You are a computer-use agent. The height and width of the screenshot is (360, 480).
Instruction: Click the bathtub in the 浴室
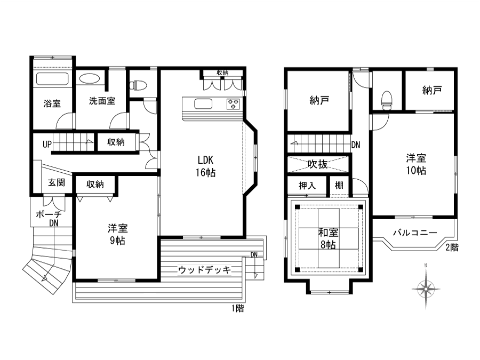pos(52,79)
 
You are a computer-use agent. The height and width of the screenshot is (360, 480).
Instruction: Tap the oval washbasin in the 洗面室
pos(90,79)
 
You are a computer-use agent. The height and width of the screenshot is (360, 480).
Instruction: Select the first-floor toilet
pos(138,85)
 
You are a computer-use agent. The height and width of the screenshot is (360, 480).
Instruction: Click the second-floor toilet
pos(387,100)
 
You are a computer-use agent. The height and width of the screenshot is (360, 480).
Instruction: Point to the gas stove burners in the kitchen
pos(233,104)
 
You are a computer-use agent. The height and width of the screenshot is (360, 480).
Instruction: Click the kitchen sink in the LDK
pos(203,104)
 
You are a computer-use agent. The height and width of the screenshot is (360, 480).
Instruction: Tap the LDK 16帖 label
pos(206,166)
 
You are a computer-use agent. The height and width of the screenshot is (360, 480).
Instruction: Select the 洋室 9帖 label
pos(117,235)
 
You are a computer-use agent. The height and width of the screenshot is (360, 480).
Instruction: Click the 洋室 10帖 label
pos(416,164)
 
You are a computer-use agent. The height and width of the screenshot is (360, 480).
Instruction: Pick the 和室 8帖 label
pos(328,239)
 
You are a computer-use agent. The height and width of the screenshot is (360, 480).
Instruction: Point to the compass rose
pos(426,288)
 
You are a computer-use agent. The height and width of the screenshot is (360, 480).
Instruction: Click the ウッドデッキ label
pos(204,270)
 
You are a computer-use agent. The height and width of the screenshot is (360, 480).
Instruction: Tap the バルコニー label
pos(415,233)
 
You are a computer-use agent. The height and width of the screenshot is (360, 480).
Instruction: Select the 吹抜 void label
pos(317,164)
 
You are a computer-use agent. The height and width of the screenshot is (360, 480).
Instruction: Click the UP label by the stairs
pos(47,144)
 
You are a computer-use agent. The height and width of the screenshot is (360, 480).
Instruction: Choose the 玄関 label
pos(57,183)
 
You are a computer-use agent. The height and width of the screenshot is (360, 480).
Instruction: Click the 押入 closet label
pos(307,186)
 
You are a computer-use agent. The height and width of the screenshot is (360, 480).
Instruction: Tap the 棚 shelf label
pos(339,185)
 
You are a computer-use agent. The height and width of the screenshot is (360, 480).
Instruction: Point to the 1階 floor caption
pos(237,308)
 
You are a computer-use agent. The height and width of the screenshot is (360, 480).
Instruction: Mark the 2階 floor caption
pos(452,247)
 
